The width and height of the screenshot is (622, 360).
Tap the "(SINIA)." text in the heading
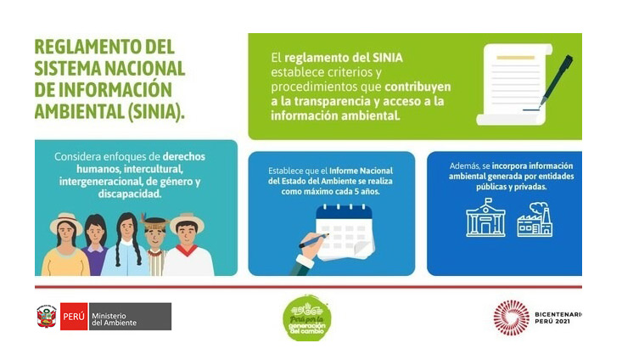pos(156,111)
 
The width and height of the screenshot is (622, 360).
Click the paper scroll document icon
pos(514,84)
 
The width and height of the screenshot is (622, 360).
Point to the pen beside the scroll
pos(556,81)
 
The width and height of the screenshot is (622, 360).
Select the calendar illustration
pos(345,232)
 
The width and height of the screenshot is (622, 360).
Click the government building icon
pos(485,218)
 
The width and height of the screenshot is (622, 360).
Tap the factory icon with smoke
pos(535,220)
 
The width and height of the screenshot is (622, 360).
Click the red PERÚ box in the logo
pos(74,317)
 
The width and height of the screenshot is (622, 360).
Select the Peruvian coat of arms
pos(47,317)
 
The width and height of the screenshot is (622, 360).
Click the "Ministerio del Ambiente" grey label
pos(130,317)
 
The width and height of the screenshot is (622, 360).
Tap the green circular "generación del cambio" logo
pos(307,318)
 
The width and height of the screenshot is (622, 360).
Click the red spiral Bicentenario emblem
pos(512,318)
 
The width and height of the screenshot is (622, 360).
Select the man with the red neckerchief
pos(188,244)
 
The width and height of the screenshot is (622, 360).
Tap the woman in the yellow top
pos(66,244)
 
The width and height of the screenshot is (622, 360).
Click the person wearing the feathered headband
pos(154,245)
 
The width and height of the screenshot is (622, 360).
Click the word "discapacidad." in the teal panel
pos(130,194)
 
